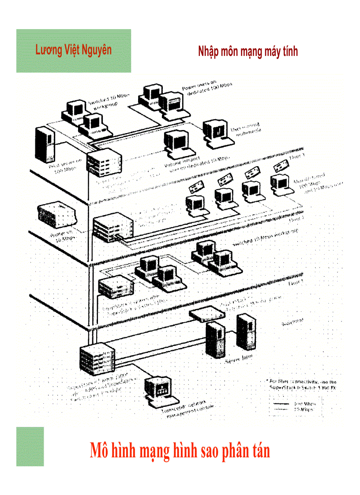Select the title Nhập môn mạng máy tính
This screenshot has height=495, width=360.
[248, 52]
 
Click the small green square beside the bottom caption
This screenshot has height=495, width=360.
[30, 446]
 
